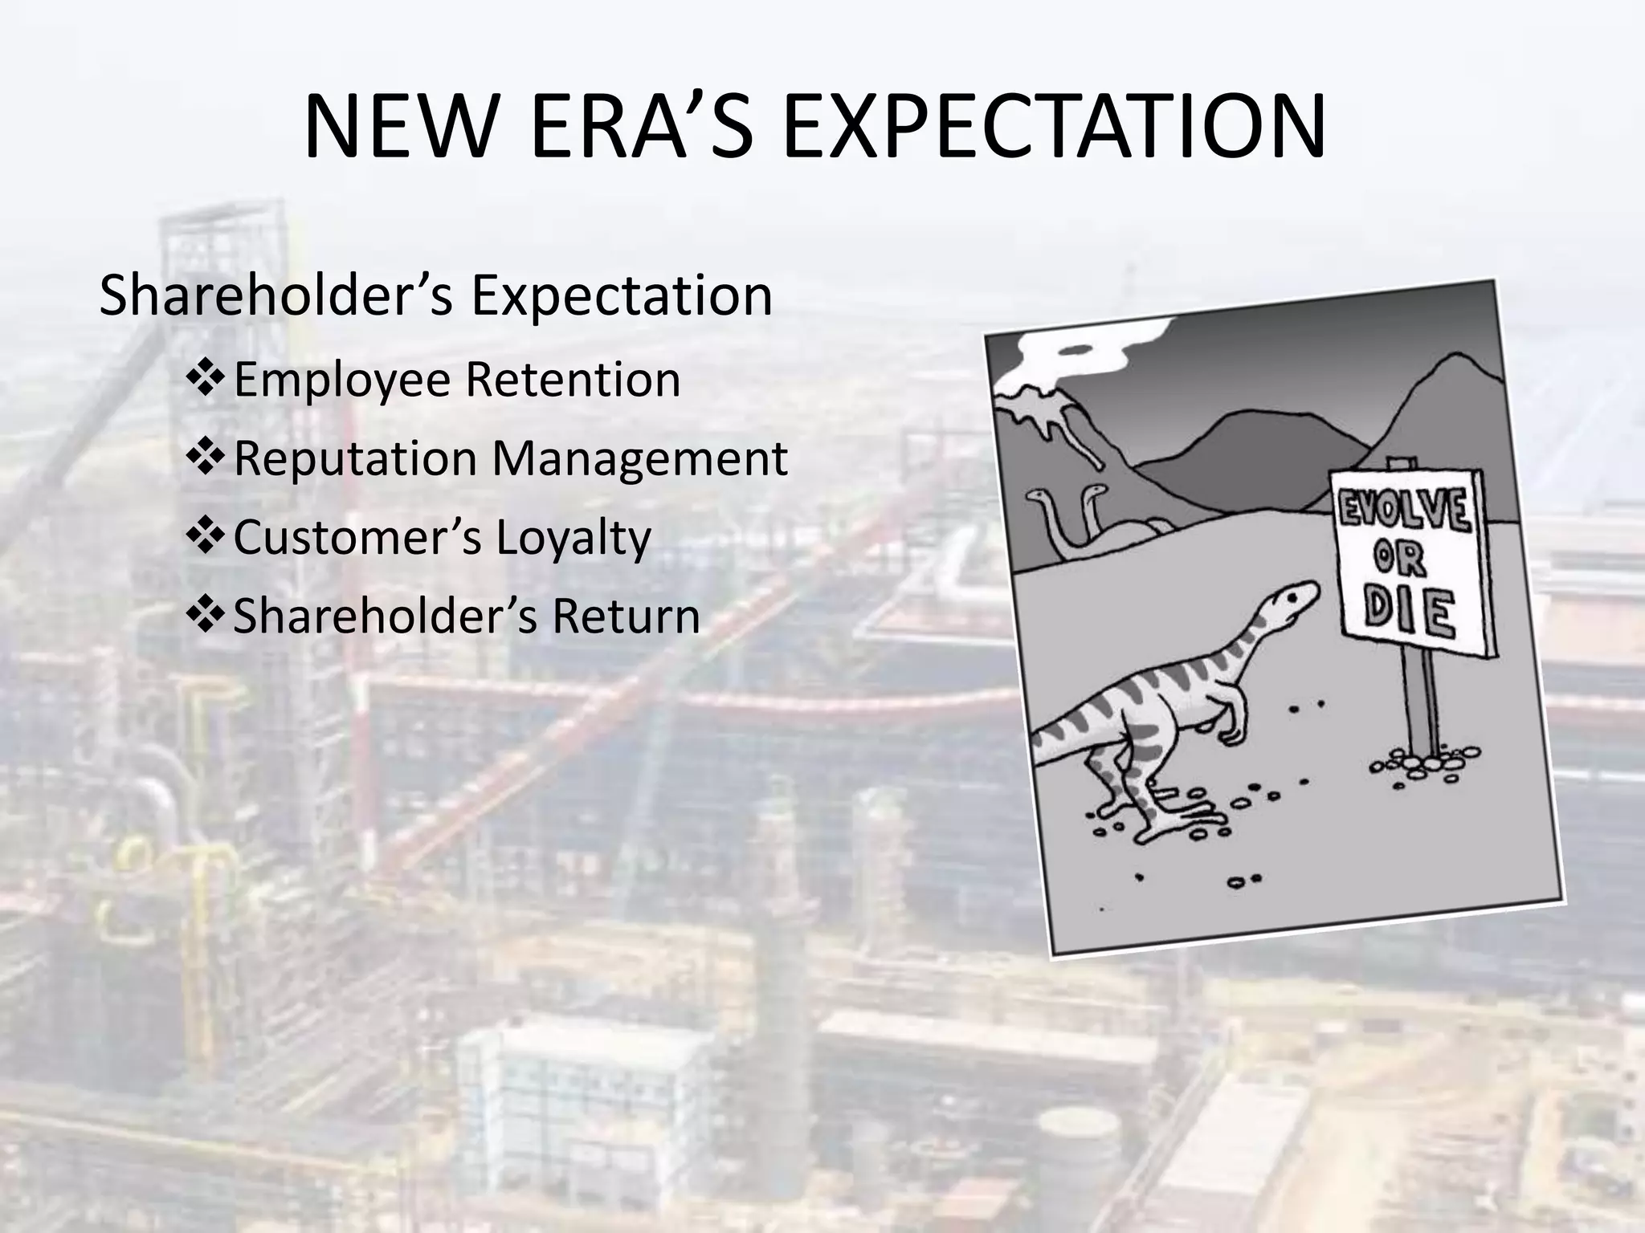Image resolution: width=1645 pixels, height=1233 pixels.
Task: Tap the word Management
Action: (x=639, y=458)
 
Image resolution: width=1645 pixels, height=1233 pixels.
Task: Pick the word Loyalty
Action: (x=573, y=537)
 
